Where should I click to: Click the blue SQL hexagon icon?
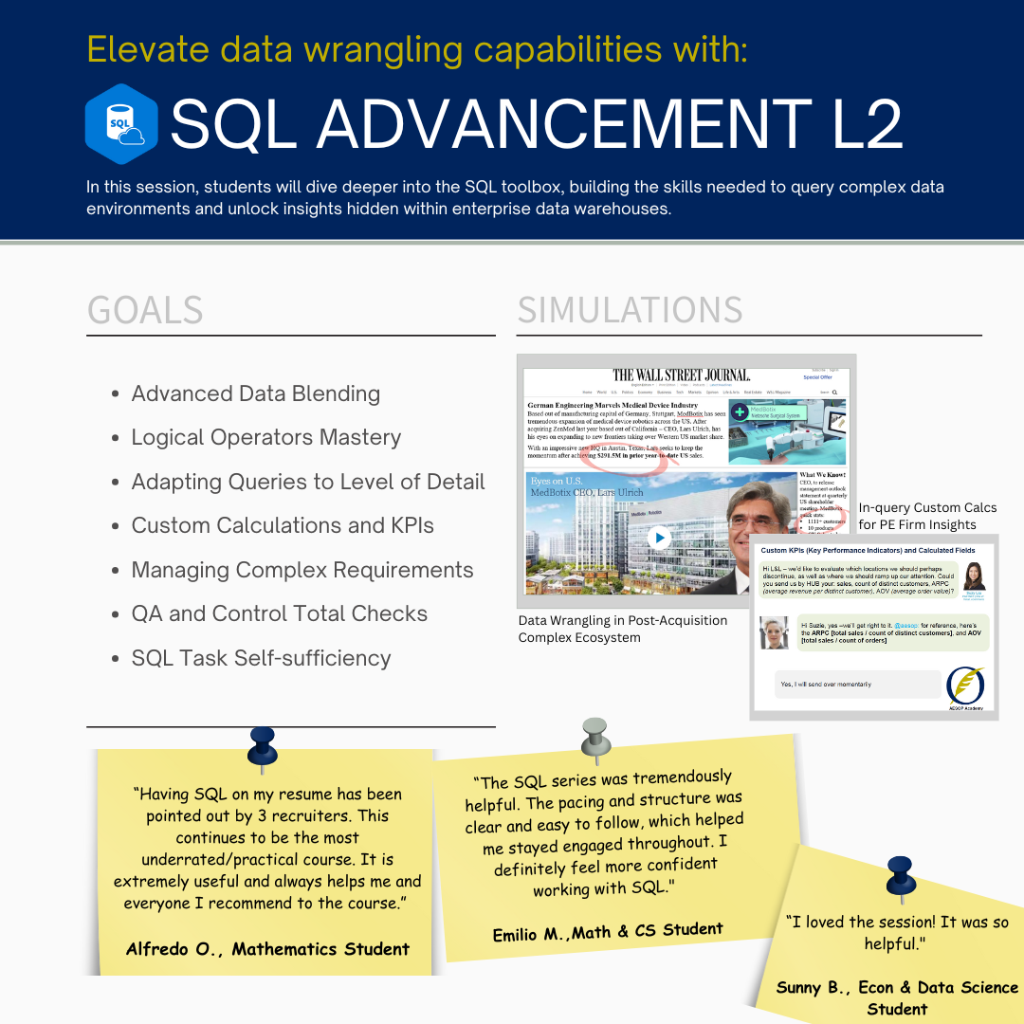(120, 124)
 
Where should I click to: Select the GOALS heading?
(145, 310)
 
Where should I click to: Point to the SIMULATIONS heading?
(630, 310)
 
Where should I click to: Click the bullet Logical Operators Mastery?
(265, 437)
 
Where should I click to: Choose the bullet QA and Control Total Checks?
(279, 613)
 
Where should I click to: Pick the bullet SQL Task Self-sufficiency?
(261, 658)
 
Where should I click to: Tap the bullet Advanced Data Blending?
(255, 393)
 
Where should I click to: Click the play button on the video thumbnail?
(658, 538)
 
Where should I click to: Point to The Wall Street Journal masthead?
(681, 375)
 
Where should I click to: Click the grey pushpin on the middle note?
(594, 738)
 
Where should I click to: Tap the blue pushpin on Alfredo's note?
(262, 745)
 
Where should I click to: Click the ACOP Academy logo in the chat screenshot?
(965, 688)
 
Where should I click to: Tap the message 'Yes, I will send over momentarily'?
(825, 684)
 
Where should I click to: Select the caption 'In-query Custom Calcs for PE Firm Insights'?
(927, 516)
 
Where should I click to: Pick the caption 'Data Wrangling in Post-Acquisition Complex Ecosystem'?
(623, 629)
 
